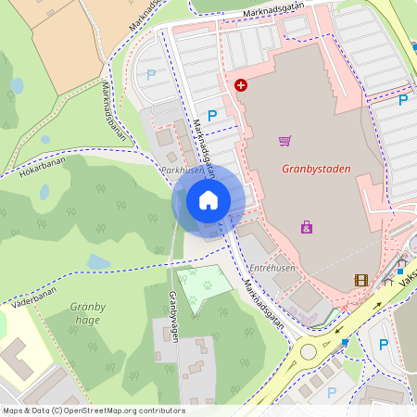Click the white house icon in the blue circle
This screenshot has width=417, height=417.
click(208, 199)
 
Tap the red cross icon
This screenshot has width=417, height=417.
click(241, 84)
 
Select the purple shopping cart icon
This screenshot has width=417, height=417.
click(284, 141)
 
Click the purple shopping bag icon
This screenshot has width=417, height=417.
click(307, 226)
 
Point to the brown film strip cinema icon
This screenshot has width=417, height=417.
click(360, 280)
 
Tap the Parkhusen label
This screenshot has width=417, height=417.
click(182, 171)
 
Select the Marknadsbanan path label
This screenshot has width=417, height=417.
click(110, 111)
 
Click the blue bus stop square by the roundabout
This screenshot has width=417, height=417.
click(346, 342)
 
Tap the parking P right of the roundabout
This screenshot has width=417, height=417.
click(384, 345)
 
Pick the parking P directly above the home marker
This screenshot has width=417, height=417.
click(212, 116)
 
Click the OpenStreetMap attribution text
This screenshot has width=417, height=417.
click(93, 411)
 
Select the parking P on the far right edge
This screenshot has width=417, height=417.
click(403, 100)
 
